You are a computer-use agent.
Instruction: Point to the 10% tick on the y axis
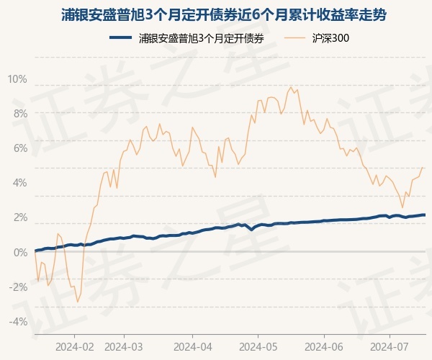(17, 79)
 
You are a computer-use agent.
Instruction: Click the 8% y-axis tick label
(19, 114)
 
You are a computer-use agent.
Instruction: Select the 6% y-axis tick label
(19, 148)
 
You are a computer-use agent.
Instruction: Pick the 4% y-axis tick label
(19, 183)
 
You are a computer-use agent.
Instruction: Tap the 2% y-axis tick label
(19, 217)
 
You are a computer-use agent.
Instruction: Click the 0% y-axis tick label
(19, 252)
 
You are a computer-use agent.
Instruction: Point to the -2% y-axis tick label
(18, 287)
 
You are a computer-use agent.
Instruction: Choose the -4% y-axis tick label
(18, 321)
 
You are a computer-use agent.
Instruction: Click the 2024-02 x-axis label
(75, 346)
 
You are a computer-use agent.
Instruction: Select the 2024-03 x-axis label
(124, 346)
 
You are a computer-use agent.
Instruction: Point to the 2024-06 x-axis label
(324, 346)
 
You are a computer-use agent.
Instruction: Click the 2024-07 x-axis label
(390, 346)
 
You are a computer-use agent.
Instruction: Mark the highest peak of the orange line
(290, 87)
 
